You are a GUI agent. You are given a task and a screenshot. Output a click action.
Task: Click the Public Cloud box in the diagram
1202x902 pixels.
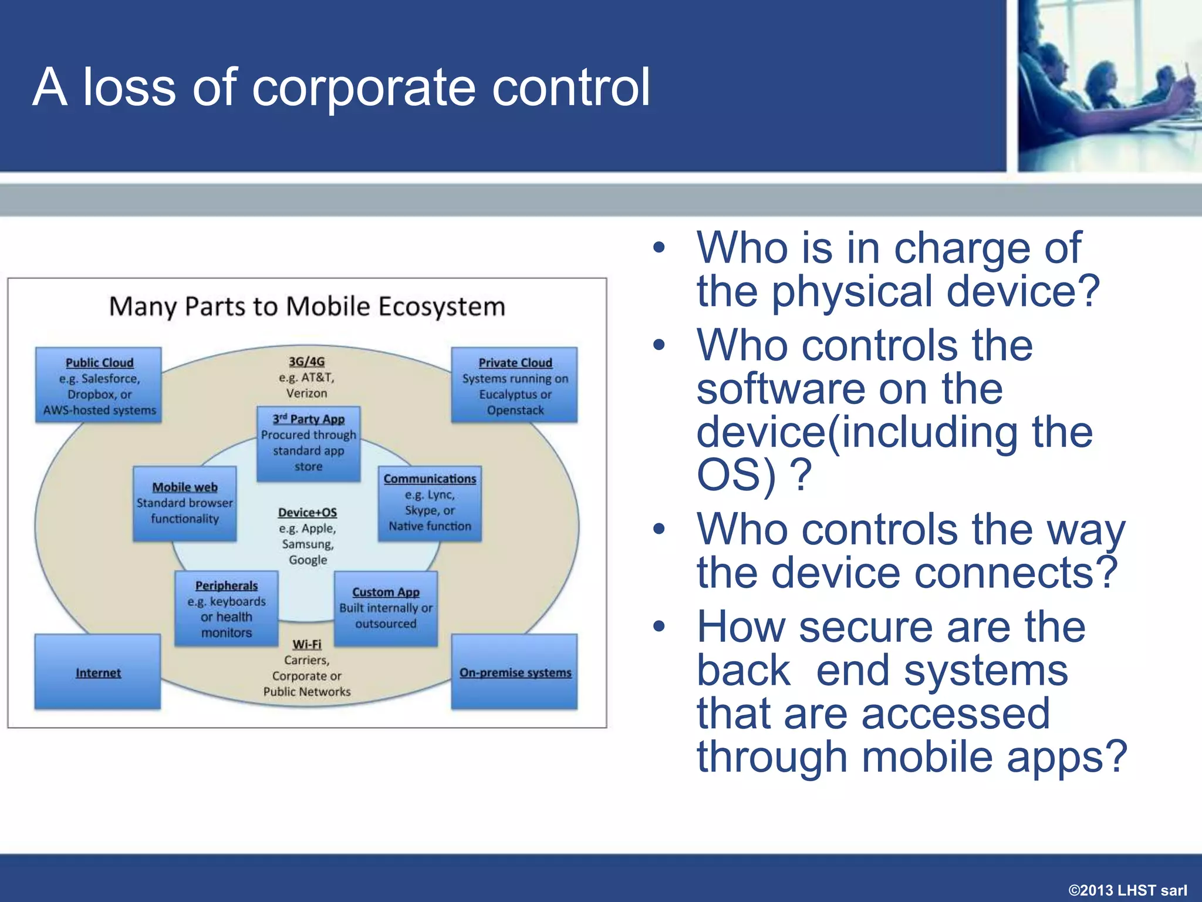tap(99, 385)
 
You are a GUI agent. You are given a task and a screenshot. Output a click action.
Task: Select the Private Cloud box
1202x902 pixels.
tap(514, 385)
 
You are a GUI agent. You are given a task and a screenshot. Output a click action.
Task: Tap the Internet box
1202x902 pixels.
tap(97, 672)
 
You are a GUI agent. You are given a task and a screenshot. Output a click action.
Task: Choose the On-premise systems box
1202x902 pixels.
tap(514, 672)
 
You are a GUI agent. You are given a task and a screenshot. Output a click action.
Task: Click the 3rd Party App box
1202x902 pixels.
tap(308, 444)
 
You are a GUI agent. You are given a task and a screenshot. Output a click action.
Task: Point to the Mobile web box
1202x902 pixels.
tap(184, 503)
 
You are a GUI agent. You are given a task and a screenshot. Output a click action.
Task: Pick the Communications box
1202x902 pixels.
tap(430, 503)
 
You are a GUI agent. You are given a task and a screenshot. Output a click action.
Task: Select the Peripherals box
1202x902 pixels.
tap(226, 609)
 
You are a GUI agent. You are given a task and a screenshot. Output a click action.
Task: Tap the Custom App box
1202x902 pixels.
tap(386, 609)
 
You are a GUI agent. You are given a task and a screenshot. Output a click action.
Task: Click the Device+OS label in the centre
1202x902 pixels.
tap(308, 513)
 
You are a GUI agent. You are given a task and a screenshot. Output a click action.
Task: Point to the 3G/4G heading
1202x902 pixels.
tap(306, 362)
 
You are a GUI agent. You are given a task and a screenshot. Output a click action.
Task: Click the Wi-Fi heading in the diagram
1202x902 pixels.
tap(307, 644)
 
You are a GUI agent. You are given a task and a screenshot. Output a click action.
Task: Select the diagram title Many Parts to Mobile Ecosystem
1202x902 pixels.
tap(307, 307)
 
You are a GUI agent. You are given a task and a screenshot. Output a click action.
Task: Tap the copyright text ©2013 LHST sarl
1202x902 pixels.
tap(1127, 890)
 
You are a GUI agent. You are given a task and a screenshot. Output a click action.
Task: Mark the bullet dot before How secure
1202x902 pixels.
tap(659, 626)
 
